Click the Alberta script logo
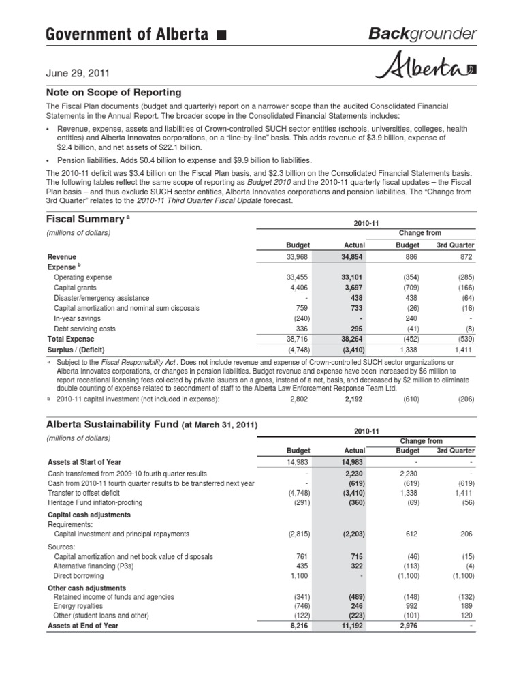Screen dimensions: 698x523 pos(425,69)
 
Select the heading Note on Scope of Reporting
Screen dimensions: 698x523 pos(113,92)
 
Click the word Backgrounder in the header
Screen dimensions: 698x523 pos(422,34)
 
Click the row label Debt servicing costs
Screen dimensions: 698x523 pos(84,329)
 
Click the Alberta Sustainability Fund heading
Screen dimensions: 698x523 pos(151,425)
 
